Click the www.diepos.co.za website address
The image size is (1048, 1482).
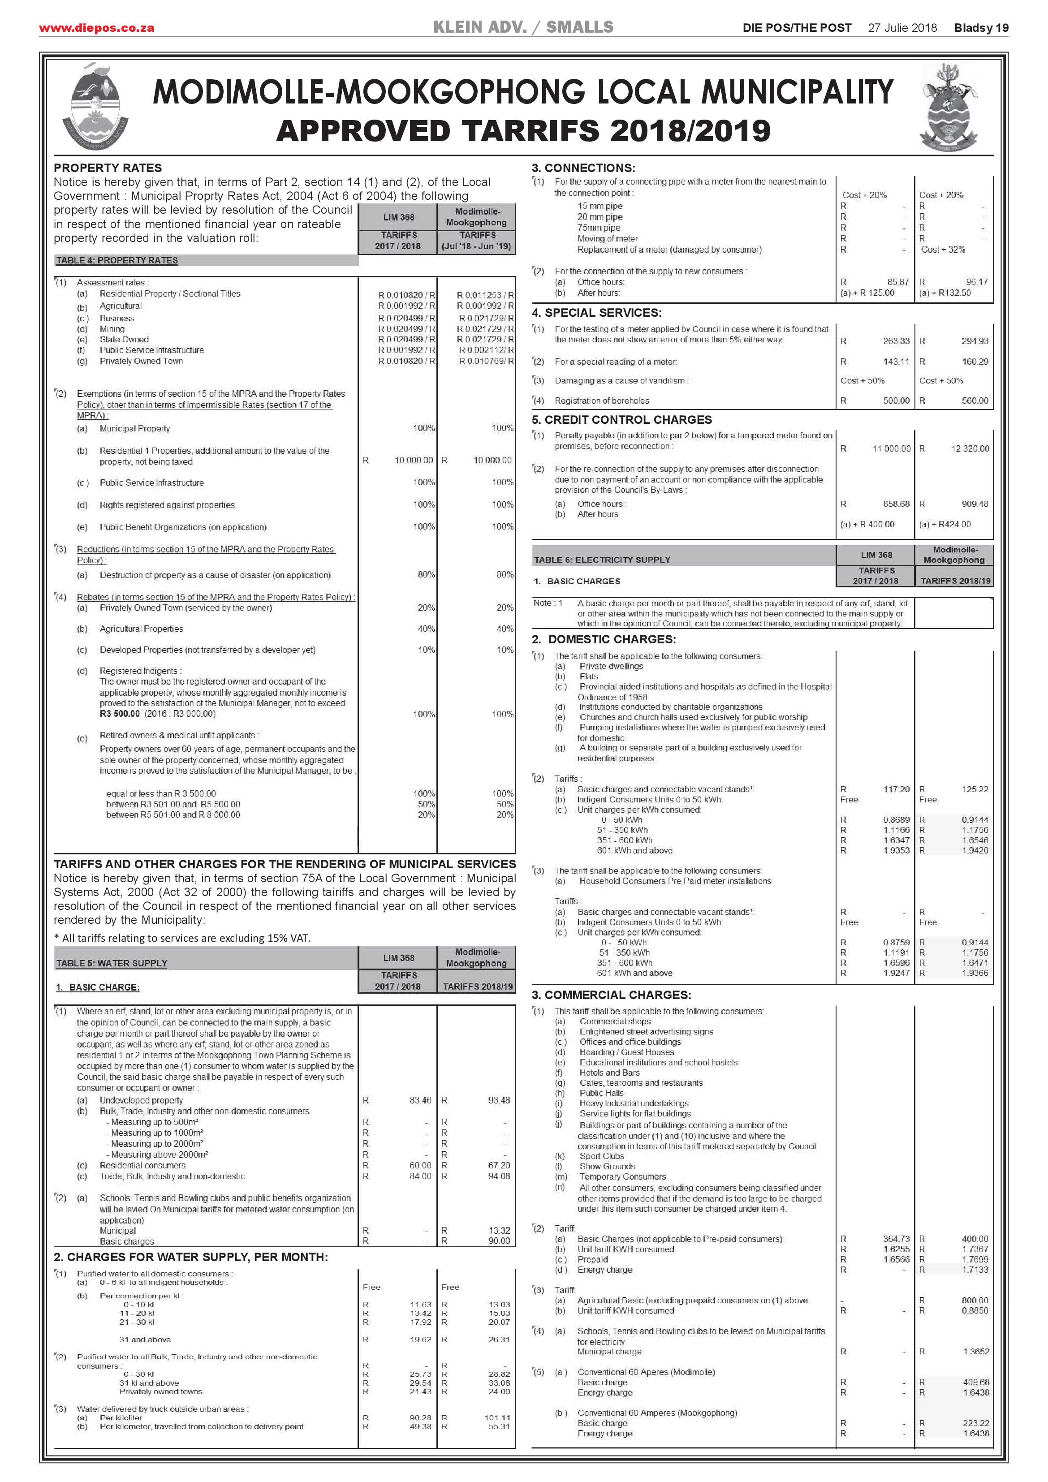[96, 28]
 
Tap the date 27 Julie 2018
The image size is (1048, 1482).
[902, 28]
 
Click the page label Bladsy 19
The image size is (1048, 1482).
[981, 28]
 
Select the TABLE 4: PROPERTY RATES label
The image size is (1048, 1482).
[117, 260]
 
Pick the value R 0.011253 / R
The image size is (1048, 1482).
[485, 295]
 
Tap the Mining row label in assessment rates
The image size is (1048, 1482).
[112, 328]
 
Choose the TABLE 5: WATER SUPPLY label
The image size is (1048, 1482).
[112, 963]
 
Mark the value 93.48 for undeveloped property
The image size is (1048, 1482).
[499, 1100]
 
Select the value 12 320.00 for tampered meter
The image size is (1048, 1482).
[970, 448]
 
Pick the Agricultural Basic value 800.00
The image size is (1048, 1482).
[975, 1300]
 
